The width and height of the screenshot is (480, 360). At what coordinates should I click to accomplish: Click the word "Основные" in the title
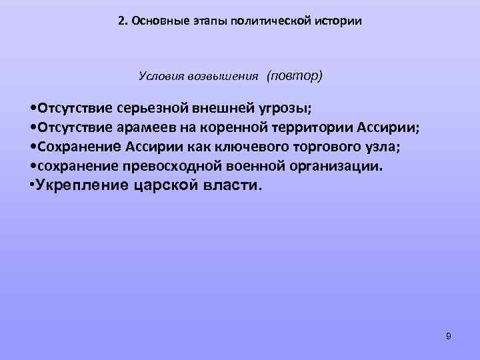pos(154,21)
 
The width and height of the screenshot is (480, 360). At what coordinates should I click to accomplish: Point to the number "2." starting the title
pos(123,21)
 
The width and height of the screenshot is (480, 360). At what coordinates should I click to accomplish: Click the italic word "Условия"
pos(158,77)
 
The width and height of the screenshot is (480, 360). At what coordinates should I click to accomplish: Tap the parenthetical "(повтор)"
pos(294,75)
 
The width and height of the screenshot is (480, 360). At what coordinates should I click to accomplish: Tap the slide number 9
pos(449,336)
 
